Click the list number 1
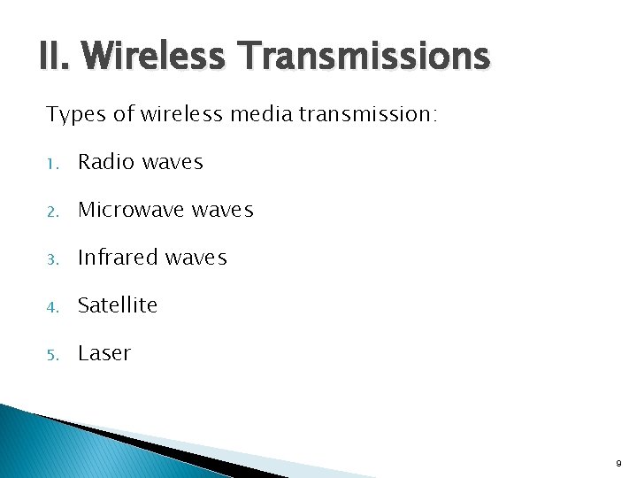coord(52,164)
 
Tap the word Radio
coord(105,162)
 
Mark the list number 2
coord(52,212)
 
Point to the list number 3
coord(52,259)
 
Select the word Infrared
coord(114,258)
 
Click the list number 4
coord(52,307)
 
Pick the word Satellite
coord(118,305)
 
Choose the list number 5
coord(52,355)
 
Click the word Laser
coord(104,353)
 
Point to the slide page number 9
coord(618,462)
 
